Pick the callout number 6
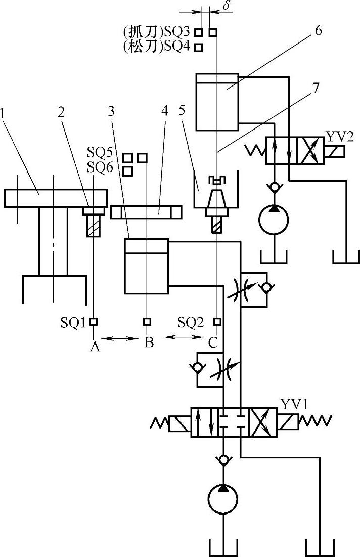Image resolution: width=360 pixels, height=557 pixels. point(318,30)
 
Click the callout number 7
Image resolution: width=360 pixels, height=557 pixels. point(316,87)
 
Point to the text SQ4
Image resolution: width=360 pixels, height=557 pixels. point(180,47)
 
